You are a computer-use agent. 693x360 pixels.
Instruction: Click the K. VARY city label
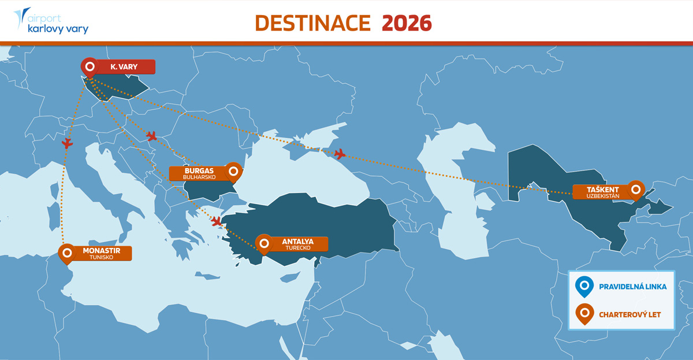point(124,67)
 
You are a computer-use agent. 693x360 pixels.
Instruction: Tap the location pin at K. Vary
point(89,67)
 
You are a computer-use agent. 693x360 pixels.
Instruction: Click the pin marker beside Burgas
point(233,171)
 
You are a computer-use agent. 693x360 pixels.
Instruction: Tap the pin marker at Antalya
point(264,243)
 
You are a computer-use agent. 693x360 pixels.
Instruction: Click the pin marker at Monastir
point(67,253)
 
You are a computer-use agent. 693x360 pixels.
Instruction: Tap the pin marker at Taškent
point(636,189)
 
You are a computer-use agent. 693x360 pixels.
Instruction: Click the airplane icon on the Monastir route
point(68,143)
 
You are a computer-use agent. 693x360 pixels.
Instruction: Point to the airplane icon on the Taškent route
point(340,154)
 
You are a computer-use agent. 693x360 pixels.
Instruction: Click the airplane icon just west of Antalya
point(217,221)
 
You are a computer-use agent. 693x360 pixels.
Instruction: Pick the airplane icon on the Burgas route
point(152,136)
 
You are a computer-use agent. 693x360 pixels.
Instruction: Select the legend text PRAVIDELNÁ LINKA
point(632,286)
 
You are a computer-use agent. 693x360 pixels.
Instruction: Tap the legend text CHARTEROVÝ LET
point(629,314)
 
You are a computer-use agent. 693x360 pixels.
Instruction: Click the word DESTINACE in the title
point(312,23)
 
